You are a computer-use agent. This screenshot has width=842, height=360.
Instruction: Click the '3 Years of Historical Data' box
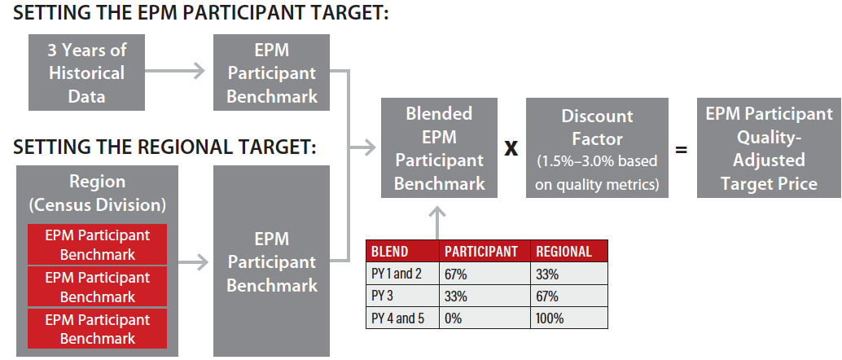[x=86, y=72]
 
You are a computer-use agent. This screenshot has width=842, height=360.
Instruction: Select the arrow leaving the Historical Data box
[x=174, y=70]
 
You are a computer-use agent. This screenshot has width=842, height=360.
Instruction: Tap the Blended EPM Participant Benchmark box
[x=439, y=147]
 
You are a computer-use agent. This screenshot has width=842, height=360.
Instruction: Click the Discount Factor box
[x=597, y=147]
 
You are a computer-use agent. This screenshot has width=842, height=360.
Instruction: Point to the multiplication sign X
[x=511, y=148]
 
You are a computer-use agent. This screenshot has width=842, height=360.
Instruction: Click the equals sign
[x=681, y=149]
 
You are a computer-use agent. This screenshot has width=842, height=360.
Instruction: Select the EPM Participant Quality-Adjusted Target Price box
[x=769, y=147]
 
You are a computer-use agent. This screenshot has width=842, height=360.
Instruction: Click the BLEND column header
[x=389, y=252]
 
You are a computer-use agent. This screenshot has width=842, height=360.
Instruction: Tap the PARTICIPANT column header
[x=481, y=252]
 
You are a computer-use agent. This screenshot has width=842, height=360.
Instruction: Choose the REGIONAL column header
[x=564, y=252]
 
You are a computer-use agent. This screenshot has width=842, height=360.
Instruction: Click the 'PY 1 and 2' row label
[x=397, y=274]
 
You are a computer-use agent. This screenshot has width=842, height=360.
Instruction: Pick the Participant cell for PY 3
[x=456, y=296]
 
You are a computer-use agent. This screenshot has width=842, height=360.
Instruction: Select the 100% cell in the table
[x=550, y=318]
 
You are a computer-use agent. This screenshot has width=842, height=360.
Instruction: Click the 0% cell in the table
[x=453, y=318]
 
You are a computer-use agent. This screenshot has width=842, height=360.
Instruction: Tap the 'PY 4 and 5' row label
[x=398, y=318]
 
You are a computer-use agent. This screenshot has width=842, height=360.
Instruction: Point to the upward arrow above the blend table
[x=438, y=223]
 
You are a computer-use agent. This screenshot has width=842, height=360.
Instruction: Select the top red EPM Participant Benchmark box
[x=97, y=244]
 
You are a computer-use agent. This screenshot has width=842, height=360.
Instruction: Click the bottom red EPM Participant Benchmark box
[x=97, y=329]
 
